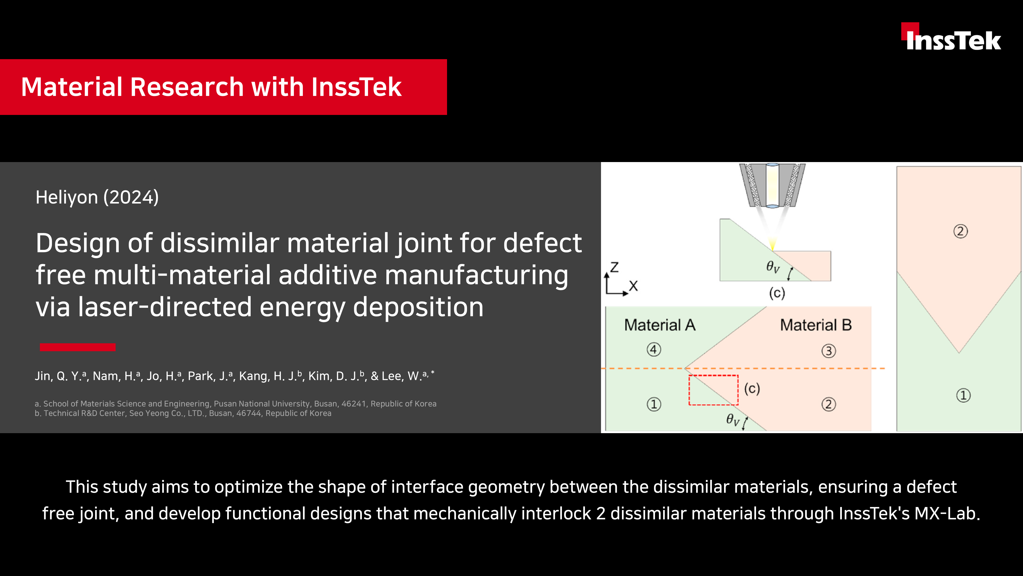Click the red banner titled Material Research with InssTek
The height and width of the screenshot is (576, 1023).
[x=223, y=87]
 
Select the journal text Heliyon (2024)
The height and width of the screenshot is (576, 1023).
[x=97, y=197]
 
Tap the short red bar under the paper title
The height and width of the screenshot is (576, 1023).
[x=78, y=347]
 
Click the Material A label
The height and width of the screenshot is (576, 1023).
[x=660, y=325]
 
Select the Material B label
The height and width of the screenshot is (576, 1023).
[x=816, y=325]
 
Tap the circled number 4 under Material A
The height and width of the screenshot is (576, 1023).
[x=654, y=350]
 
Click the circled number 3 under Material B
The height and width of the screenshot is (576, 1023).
[x=828, y=351]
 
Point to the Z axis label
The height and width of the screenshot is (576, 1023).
[x=614, y=267]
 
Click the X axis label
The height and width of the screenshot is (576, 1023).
[x=633, y=286]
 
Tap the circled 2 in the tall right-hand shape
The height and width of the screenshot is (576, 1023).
[x=960, y=231]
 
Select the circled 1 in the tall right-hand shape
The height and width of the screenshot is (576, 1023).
[x=963, y=396]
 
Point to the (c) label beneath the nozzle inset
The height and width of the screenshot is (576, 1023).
[x=777, y=293]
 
